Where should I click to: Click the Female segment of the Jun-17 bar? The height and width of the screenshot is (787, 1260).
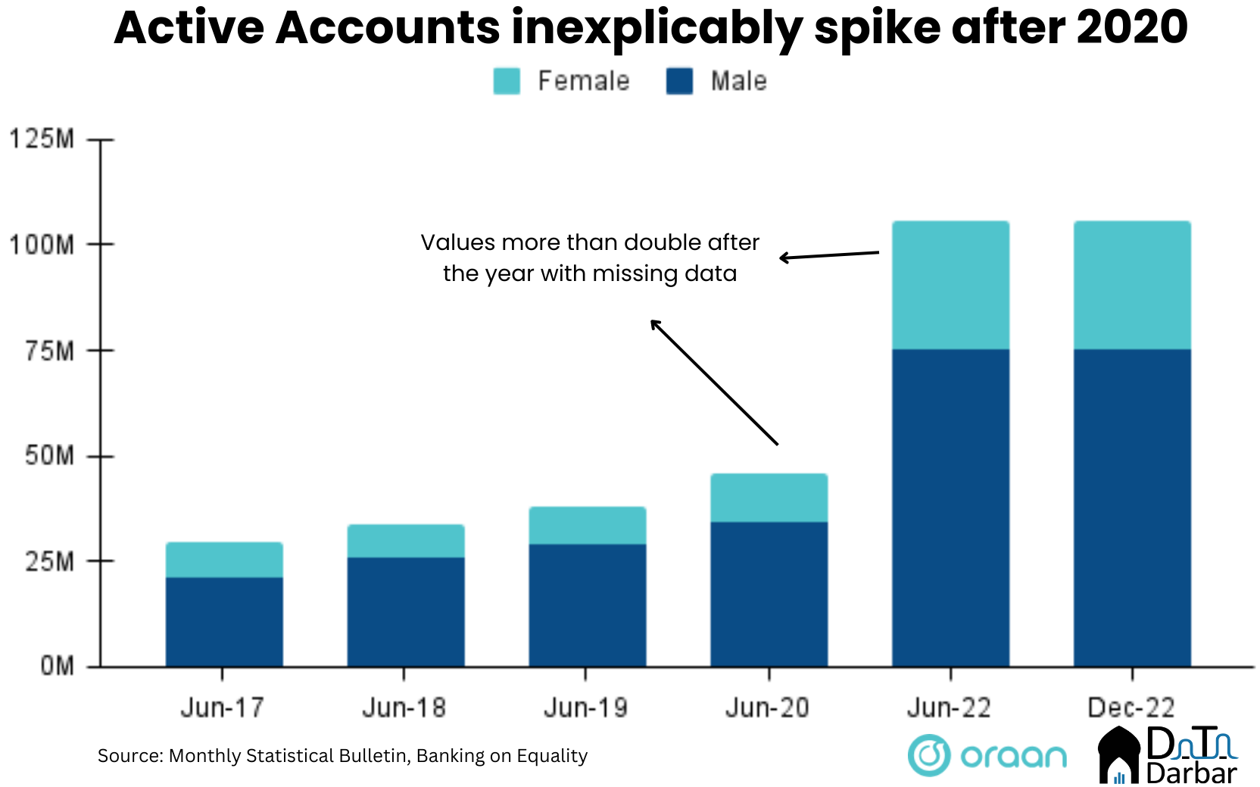tap(224, 560)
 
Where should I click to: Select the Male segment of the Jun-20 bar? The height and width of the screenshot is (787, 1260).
tap(769, 594)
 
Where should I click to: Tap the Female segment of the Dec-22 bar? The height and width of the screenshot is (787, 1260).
tap(1132, 285)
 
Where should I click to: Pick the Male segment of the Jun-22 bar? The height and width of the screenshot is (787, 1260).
tap(950, 507)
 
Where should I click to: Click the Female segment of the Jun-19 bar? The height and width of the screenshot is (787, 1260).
tap(587, 525)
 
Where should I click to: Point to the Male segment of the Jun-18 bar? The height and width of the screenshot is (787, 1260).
tap(406, 612)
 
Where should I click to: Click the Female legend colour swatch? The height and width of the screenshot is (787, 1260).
tap(507, 81)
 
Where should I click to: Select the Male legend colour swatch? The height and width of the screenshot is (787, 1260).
tap(679, 81)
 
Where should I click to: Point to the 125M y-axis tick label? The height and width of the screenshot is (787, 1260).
tap(42, 139)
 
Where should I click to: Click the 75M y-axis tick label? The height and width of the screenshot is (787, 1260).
tap(49, 351)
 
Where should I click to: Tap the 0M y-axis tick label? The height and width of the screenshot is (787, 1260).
tap(57, 667)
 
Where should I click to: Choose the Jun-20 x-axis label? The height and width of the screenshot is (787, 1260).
tap(767, 708)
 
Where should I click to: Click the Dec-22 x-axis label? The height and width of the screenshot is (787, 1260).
tap(1131, 708)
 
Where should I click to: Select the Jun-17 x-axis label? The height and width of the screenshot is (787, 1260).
tap(222, 708)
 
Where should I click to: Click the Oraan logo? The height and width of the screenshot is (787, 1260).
tap(987, 755)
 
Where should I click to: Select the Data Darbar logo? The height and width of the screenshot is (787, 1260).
tap(1167, 755)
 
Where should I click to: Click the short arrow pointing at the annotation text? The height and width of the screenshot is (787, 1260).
tap(829, 255)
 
